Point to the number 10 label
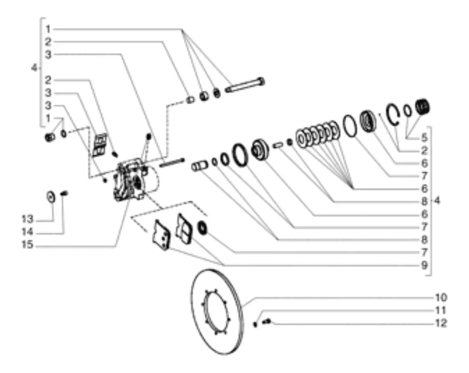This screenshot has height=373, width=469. tap(441, 298)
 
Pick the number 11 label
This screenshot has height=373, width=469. tap(441, 310)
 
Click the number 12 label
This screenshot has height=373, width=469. tap(441, 323)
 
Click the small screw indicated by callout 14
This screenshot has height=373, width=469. tap(64, 194)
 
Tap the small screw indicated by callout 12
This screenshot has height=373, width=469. tap(267, 321)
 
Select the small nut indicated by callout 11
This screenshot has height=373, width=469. tap(255, 323)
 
